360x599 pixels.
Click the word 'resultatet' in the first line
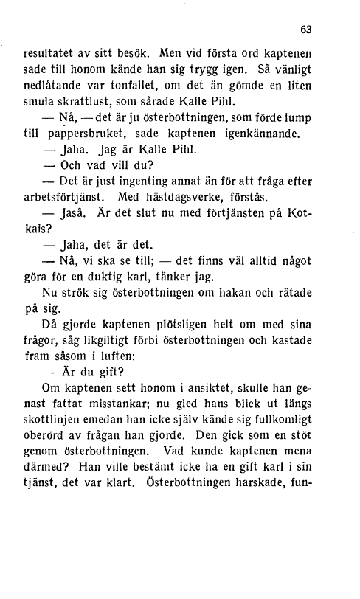49,54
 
